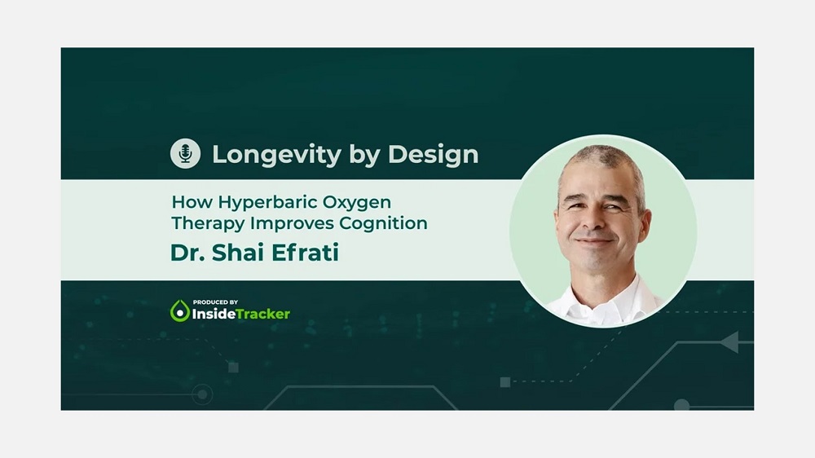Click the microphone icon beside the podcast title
185,153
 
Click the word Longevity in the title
276,155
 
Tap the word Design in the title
433,154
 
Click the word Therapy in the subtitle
208,223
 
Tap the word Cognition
383,223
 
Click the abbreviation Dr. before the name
188,253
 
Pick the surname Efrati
305,253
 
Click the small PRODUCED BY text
215,302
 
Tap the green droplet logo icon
180,310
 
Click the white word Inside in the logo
214,314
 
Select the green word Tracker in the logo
262,314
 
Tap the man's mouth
593,240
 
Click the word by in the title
363,155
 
